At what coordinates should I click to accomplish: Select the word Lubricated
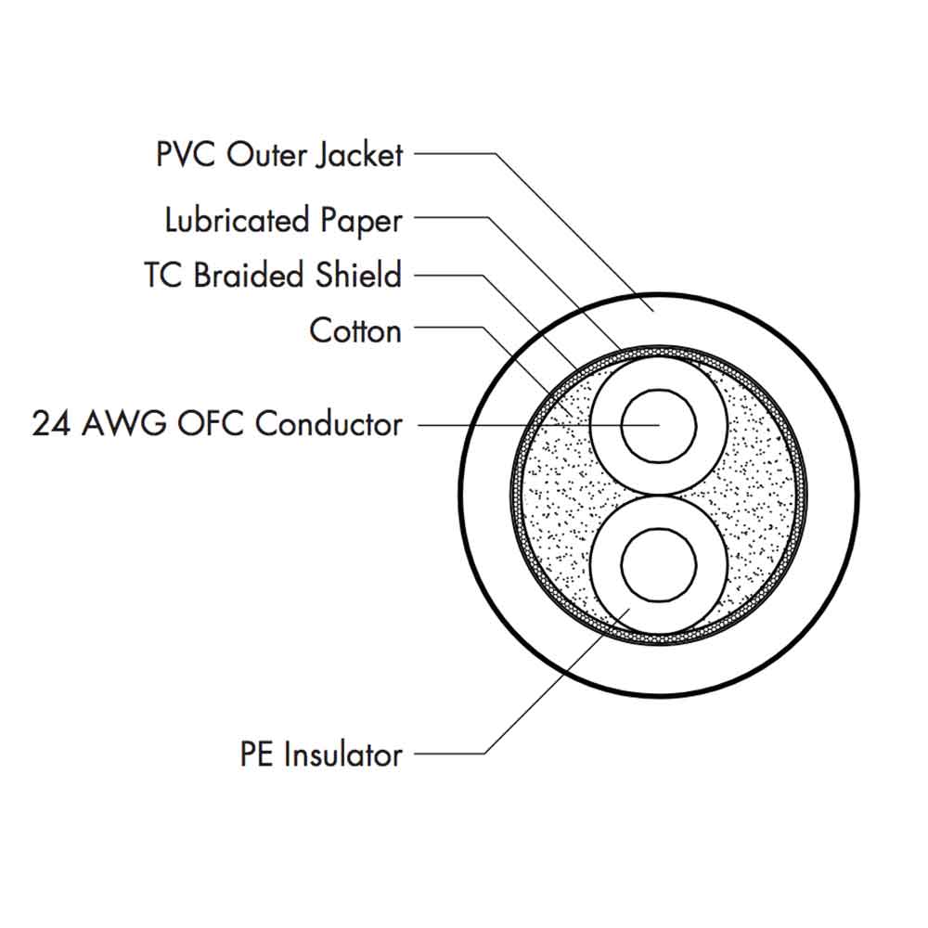click(x=238, y=221)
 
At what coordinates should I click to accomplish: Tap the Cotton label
click(x=355, y=330)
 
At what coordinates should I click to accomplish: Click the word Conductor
click(x=329, y=424)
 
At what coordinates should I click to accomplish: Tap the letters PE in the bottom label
click(x=257, y=754)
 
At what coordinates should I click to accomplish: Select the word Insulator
click(x=343, y=754)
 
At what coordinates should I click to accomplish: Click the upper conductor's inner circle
click(x=658, y=425)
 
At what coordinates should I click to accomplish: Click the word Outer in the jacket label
click(x=266, y=155)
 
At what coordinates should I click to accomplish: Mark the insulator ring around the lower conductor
click(x=607, y=594)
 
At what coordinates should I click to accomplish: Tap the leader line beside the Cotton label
click(x=445, y=327)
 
